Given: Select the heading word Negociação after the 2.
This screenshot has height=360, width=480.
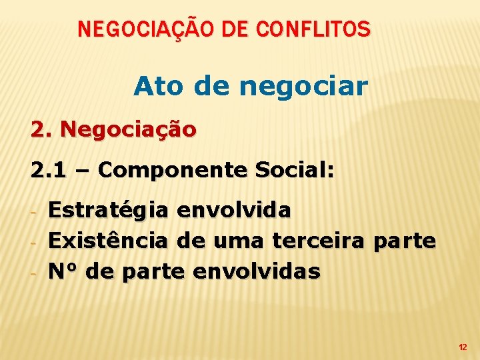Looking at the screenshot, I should [128, 129].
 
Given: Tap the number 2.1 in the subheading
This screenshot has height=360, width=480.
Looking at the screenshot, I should [49, 171].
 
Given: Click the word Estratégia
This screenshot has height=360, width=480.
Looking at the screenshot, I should [109, 211].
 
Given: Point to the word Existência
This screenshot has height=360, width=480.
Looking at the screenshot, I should [109, 241].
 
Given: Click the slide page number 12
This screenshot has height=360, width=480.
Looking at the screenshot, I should [463, 347].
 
